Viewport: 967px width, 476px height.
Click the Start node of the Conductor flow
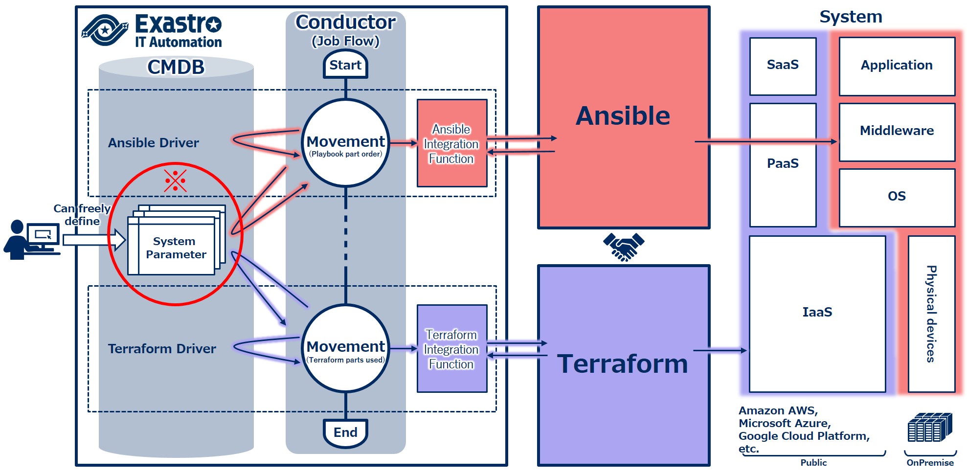point(345,65)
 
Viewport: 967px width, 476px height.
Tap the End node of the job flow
point(345,432)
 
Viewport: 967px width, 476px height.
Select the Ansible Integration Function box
point(451,143)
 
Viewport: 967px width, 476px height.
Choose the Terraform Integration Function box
point(451,349)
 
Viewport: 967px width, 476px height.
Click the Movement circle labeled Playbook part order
point(346,143)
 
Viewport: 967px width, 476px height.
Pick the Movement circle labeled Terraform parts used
point(346,348)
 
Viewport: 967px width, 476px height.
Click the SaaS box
point(783,66)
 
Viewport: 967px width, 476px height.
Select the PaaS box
point(783,164)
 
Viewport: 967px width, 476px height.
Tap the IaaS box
point(817,314)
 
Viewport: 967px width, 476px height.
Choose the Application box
point(897,66)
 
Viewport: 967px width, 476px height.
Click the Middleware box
point(897,132)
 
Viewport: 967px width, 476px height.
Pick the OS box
point(897,197)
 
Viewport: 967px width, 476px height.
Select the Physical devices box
point(931,314)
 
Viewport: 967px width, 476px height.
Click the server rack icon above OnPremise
point(930,428)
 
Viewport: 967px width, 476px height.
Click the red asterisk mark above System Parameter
point(175,181)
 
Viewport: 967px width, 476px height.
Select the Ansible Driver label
point(154,143)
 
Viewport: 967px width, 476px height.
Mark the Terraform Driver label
point(162,349)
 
